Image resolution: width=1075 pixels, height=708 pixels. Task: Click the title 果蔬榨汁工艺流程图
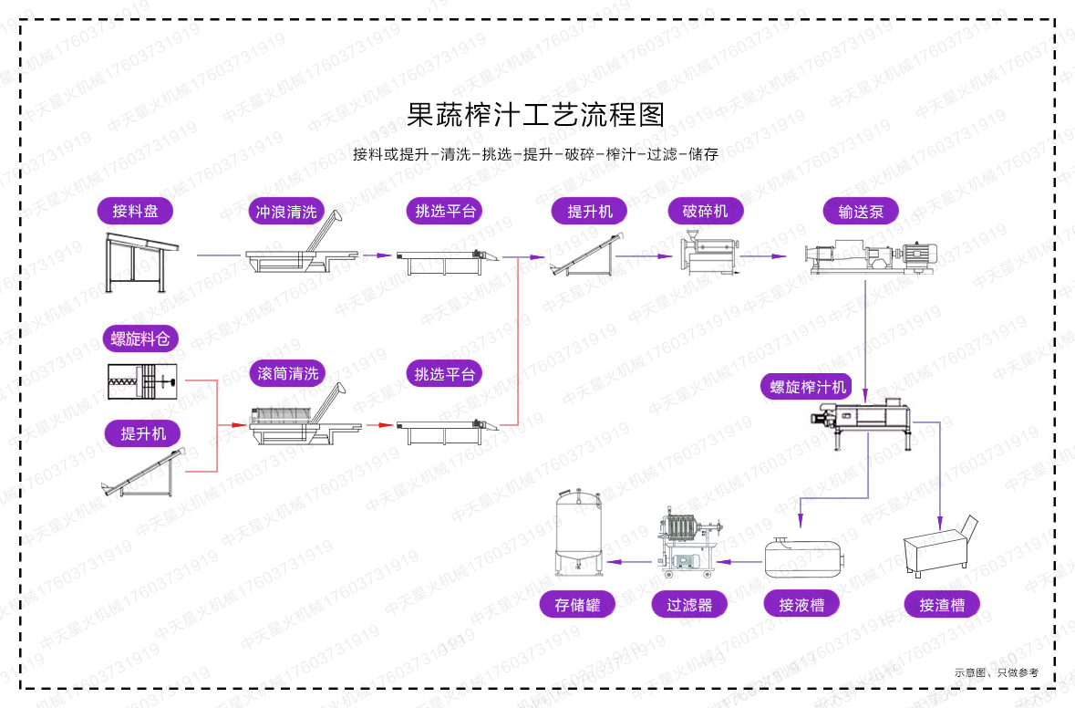[x=536, y=114]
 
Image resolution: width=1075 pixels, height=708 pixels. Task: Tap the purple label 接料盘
[x=135, y=212]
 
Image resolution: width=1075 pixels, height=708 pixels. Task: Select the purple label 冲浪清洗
[x=286, y=212]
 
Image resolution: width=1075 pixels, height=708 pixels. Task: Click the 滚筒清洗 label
[x=288, y=373]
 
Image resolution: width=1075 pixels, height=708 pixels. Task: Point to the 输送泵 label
[x=861, y=212]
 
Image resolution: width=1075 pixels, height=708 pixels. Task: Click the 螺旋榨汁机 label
[x=808, y=387]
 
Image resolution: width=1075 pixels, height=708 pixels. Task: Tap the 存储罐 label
[x=577, y=604]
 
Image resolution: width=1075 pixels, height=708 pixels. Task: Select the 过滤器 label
[x=689, y=604]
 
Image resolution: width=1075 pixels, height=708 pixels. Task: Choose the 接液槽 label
[x=801, y=604]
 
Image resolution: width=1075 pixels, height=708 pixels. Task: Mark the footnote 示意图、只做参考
[x=996, y=672]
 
